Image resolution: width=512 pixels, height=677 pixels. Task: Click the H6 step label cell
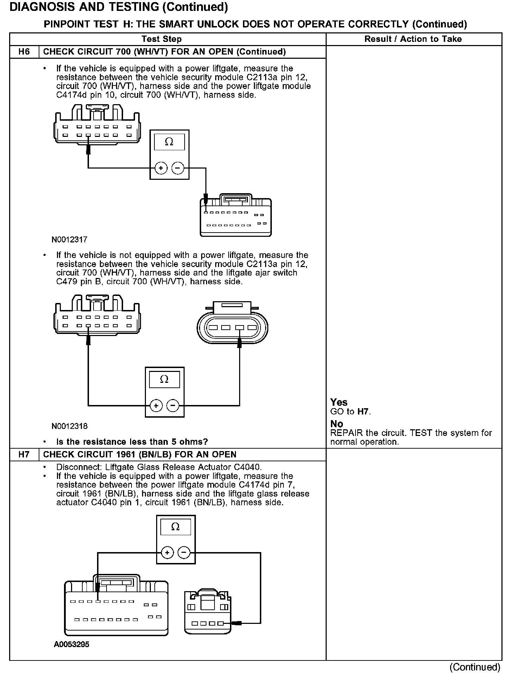[x=24, y=52]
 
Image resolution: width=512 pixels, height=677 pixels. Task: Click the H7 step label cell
[x=24, y=454]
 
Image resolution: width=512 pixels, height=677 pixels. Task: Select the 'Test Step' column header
[x=161, y=39]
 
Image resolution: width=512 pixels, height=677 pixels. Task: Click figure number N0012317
[x=69, y=240]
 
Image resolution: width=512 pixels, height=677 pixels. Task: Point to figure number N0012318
[x=69, y=426]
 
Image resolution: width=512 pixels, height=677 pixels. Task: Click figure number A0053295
[x=71, y=644]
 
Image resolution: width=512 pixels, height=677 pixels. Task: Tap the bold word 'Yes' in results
[x=339, y=402]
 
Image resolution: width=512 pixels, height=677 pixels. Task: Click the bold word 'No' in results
[x=337, y=424]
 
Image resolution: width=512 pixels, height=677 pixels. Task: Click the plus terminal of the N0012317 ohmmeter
[x=161, y=168]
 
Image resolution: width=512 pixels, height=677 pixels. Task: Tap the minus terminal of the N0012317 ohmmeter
[x=178, y=168]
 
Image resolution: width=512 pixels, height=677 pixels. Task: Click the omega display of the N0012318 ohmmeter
[x=164, y=380]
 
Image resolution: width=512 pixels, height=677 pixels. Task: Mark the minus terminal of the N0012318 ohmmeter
[x=173, y=406]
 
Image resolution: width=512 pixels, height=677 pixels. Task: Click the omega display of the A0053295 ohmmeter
[x=175, y=527]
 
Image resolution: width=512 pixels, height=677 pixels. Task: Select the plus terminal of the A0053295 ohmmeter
[x=167, y=552]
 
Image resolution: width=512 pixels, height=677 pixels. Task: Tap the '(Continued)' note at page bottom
[x=474, y=667]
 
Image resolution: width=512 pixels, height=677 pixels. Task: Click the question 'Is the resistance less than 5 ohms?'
[x=132, y=442]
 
